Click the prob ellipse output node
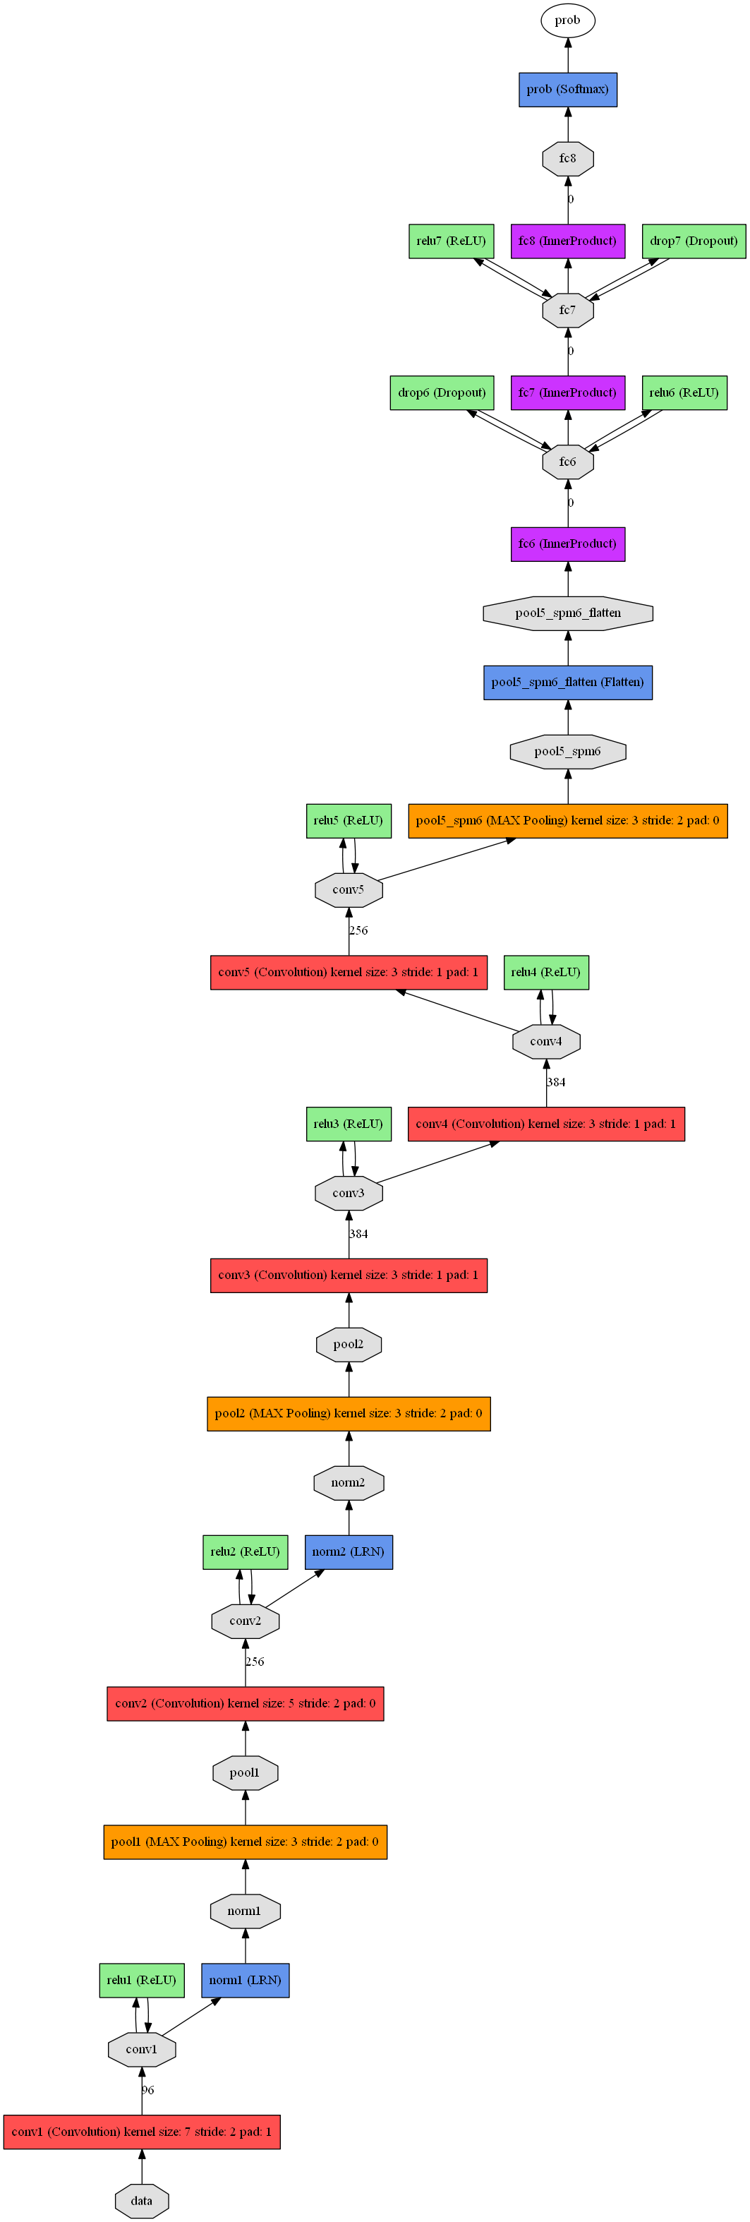tap(567, 20)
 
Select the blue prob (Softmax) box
tap(567, 90)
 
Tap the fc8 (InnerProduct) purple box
tap(567, 241)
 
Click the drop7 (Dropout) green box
tap(693, 241)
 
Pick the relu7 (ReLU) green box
tap(451, 241)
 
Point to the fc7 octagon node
tap(567, 310)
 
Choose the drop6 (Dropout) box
tap(442, 392)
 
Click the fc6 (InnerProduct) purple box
tap(567, 544)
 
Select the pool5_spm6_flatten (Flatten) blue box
tap(567, 683)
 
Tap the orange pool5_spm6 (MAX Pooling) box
tap(567, 820)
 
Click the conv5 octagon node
tap(349, 889)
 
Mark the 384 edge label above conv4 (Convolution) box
tap(556, 1081)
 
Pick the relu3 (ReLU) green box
tap(349, 1124)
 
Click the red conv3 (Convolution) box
tap(349, 1275)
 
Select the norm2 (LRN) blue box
tap(349, 1551)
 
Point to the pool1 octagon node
tap(245, 1772)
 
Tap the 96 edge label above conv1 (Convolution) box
tap(147, 2089)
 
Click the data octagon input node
tap(141, 2200)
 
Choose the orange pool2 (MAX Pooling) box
tap(349, 1414)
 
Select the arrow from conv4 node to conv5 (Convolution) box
tap(457, 1010)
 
